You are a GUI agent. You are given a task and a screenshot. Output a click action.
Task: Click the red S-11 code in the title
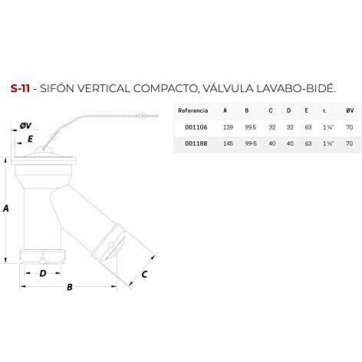20,88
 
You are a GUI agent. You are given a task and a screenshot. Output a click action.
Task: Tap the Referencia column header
193,110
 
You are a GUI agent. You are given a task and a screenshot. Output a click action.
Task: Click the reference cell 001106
196,127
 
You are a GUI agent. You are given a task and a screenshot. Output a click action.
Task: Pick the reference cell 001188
196,143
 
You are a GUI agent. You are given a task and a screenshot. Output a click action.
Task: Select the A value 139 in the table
228,127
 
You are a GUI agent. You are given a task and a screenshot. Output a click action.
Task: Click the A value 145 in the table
228,143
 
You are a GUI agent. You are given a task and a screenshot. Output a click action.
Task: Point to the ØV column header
350,110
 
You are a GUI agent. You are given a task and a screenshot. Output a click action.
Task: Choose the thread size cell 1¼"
328,127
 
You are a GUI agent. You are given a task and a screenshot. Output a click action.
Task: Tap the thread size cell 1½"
328,143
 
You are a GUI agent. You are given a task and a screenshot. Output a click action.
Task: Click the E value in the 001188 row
308,143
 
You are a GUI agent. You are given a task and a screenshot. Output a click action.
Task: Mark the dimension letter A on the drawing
5,209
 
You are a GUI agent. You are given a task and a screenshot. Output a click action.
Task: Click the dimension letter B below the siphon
69,287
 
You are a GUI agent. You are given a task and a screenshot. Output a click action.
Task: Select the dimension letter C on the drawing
144,275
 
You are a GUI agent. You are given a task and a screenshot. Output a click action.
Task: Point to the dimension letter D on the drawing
43,273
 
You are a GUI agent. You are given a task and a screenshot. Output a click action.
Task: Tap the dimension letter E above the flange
30,139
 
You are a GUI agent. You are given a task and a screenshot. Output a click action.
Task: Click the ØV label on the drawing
25,126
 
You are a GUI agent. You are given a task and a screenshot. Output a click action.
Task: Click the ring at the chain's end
142,117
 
